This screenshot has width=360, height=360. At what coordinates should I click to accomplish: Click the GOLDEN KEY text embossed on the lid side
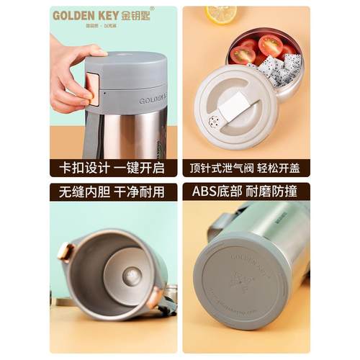pyautogui.click(x=153, y=100)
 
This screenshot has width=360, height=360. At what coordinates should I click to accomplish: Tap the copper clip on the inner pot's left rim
pyautogui.click(x=65, y=252)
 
